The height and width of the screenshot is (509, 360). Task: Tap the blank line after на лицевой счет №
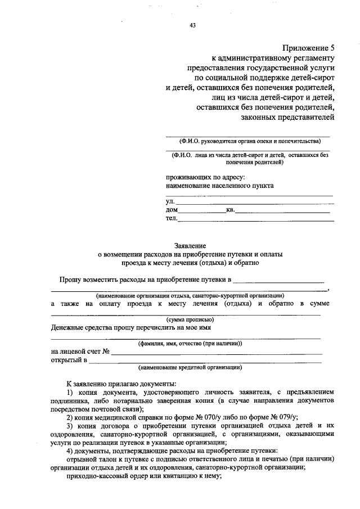pyautogui.click(x=216, y=353)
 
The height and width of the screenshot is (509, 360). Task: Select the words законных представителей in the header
pyautogui.click(x=287, y=117)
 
